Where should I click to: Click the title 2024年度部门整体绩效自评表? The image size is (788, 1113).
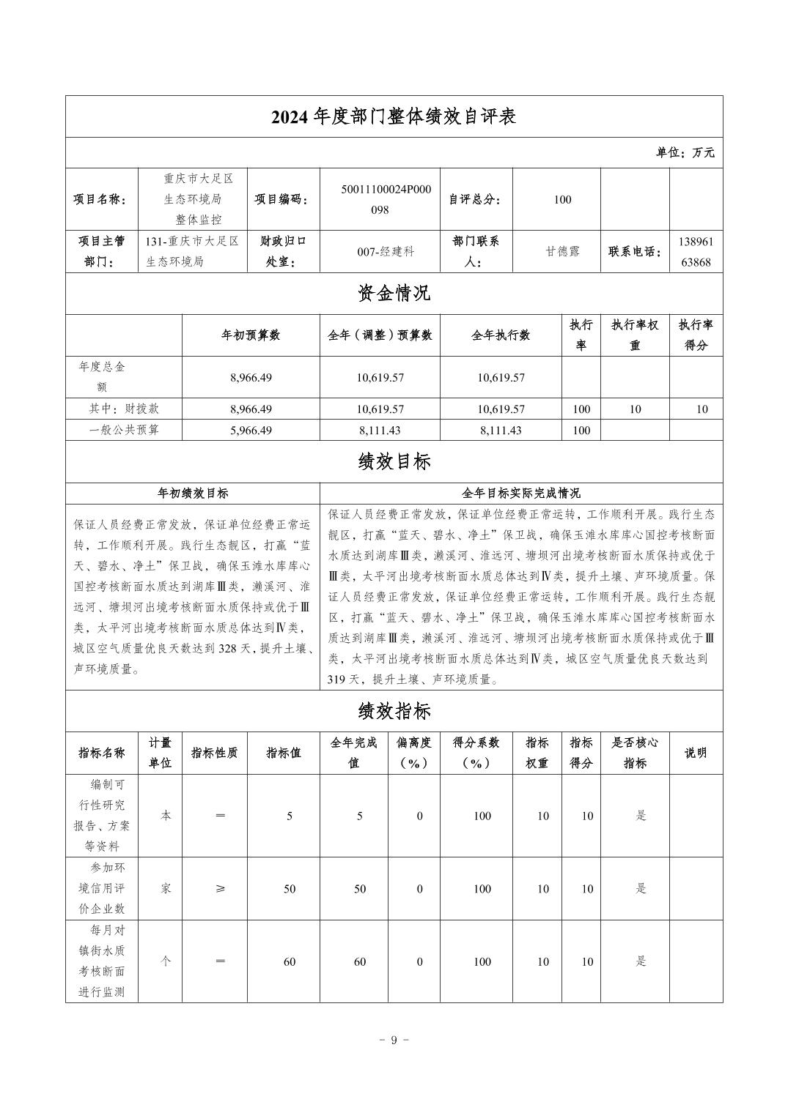pos(394,117)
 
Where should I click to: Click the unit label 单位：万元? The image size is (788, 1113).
pos(685,153)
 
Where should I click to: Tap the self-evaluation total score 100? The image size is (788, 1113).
pos(562,199)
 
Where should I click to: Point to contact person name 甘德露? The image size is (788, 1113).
pos(562,251)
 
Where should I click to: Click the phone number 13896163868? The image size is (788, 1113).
pos(695,251)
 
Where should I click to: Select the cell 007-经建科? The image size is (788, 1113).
pos(386,251)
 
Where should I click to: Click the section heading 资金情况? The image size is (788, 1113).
pos(394,294)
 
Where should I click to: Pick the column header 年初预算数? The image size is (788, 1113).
pos(251,335)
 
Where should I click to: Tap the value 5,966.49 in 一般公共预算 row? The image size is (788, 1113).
pos(251,431)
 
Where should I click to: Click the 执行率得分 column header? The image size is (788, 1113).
pos(696,335)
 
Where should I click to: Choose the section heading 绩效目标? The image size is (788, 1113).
pos(394,462)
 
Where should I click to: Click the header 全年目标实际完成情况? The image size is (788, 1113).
pos(521,494)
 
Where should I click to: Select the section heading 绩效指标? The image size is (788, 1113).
pos(394,711)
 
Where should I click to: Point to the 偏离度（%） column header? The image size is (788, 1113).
pos(413,753)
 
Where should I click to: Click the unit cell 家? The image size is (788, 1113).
pos(166,889)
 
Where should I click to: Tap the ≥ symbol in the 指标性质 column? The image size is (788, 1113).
pos(220,889)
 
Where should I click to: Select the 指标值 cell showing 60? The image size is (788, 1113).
pos(290,961)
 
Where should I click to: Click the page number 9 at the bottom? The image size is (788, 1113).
pos(394,1041)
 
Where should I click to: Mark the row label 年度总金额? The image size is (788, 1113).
pos(102,377)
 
